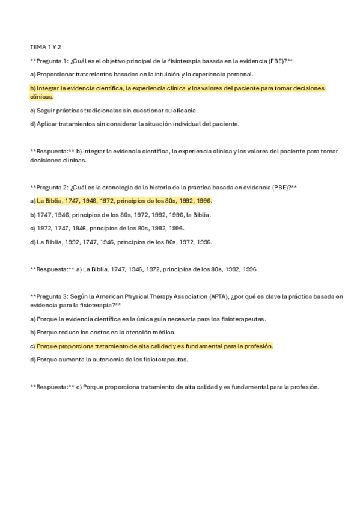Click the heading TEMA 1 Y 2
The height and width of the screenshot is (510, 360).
click(x=45, y=47)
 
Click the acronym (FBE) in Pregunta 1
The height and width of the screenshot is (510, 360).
click(x=275, y=61)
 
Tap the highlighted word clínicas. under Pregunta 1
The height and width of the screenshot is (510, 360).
click(x=41, y=96)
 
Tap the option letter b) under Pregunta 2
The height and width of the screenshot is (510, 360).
click(x=32, y=215)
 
